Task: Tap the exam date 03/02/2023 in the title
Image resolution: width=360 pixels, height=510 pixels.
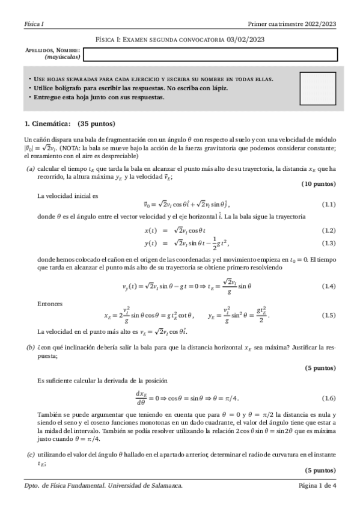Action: [245, 40]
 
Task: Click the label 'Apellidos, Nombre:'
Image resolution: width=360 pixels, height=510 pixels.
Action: [53, 51]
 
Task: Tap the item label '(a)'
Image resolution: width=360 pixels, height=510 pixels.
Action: [30, 169]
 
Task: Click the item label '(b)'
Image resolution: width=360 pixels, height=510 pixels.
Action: [30, 348]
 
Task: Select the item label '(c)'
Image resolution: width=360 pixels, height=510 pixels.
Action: [30, 455]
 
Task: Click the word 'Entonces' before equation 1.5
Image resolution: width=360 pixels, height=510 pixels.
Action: [49, 304]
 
